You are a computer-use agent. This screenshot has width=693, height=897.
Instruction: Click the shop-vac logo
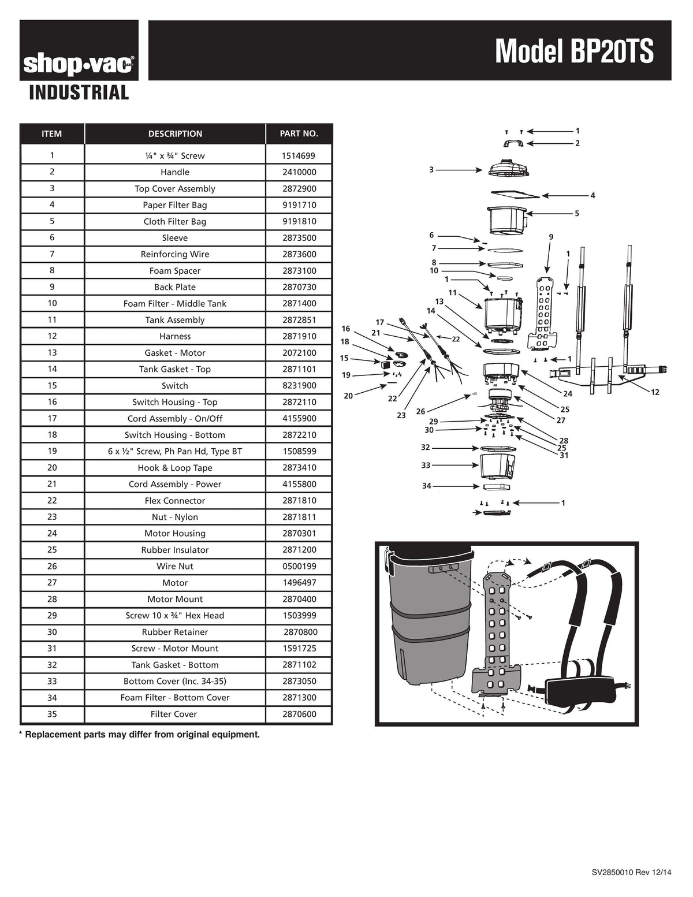click(x=79, y=65)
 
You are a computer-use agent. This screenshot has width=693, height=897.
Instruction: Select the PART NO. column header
click(x=299, y=134)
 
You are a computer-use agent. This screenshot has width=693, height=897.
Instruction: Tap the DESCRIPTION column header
click(x=175, y=134)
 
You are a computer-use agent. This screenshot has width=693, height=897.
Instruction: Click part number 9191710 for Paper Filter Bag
click(x=299, y=205)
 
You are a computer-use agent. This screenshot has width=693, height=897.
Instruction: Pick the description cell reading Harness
click(x=175, y=336)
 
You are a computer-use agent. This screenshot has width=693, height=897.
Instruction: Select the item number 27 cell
click(x=52, y=583)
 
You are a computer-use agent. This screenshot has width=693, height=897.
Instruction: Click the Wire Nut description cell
click(x=175, y=567)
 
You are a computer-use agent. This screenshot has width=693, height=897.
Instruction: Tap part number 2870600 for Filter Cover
click(x=299, y=714)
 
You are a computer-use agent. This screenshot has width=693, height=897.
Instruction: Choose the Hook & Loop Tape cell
click(x=175, y=468)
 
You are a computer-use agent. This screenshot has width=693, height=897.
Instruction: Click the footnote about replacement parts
click(x=139, y=735)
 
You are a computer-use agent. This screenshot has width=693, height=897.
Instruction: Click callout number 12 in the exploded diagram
click(x=655, y=393)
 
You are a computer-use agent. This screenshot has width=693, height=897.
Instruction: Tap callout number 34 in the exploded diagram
click(x=426, y=486)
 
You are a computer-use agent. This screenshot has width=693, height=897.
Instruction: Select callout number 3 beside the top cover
click(x=431, y=170)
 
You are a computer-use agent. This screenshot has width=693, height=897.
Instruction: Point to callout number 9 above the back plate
click(x=551, y=237)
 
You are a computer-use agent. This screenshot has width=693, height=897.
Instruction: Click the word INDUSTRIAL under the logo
click(x=79, y=92)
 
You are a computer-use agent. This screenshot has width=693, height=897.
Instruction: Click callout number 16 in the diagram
click(x=346, y=329)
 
